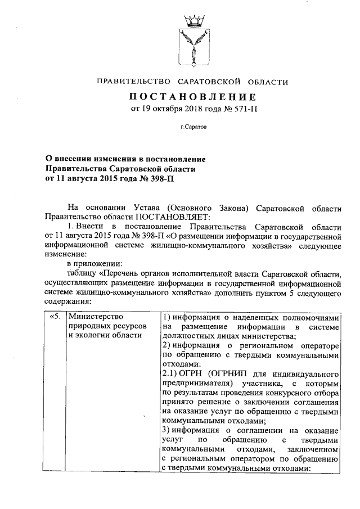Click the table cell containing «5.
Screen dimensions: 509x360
[x=55, y=317]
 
